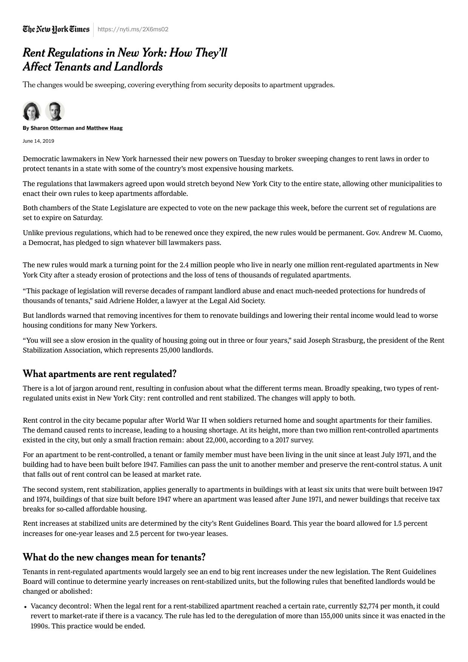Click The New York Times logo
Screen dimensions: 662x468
[x=56, y=29]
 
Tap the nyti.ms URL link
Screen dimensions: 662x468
[x=133, y=29]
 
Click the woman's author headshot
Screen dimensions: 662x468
[x=32, y=111]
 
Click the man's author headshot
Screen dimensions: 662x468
[x=55, y=111]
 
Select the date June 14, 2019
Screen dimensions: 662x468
[x=38, y=141]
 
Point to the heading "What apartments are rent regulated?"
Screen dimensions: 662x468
[x=100, y=374]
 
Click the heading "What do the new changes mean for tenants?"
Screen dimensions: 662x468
[x=114, y=557]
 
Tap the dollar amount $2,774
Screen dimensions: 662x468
[x=369, y=606]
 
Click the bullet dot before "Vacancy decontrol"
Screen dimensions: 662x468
[x=25, y=607]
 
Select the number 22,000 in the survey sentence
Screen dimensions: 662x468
[x=216, y=440]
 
